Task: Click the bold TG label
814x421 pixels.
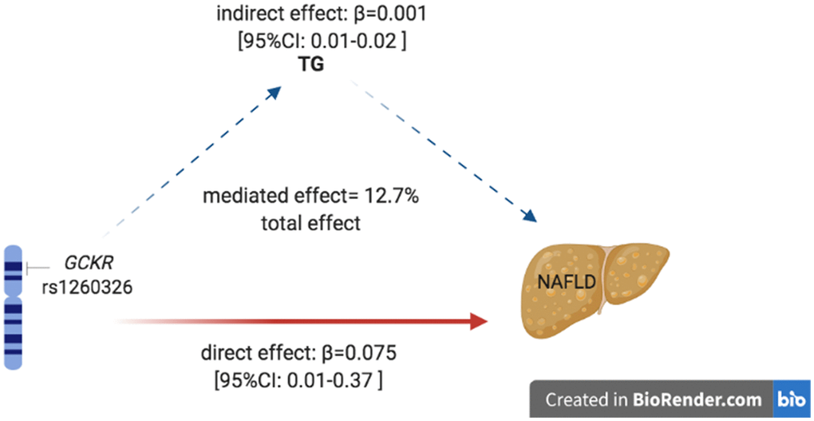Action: pos(310,66)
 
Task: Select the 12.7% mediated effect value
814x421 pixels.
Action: pos(389,197)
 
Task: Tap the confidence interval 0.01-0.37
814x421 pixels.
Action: pos(330,379)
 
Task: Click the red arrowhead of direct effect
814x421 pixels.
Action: pos(479,321)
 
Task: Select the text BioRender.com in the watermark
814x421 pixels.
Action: pos(698,399)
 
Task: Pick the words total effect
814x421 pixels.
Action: pos(311,223)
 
